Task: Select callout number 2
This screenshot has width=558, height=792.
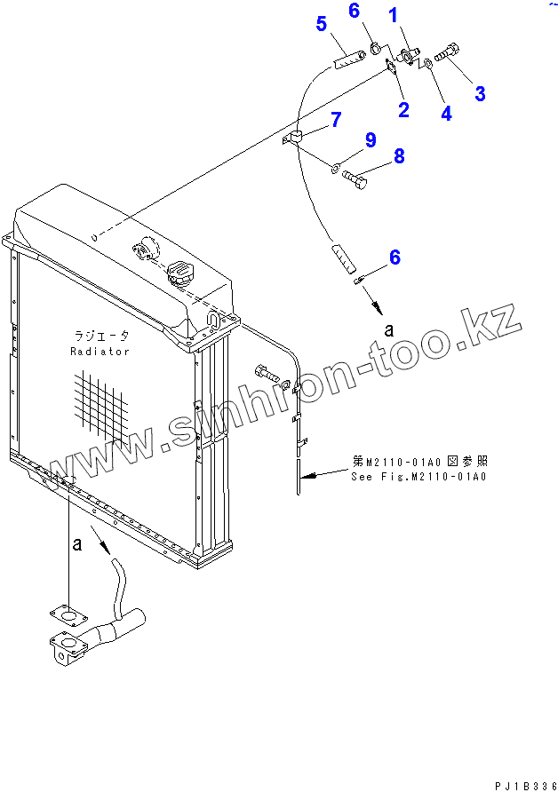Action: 403,110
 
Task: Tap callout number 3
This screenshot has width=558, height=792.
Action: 479,92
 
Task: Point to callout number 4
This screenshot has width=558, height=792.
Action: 446,113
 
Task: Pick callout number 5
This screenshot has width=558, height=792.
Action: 322,24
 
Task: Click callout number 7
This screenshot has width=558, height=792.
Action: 336,120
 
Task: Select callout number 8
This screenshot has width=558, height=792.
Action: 399,156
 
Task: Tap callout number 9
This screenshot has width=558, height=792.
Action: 371,139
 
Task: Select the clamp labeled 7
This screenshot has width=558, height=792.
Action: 297,137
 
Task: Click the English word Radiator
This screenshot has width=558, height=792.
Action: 100,352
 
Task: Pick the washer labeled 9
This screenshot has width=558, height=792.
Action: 337,167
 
